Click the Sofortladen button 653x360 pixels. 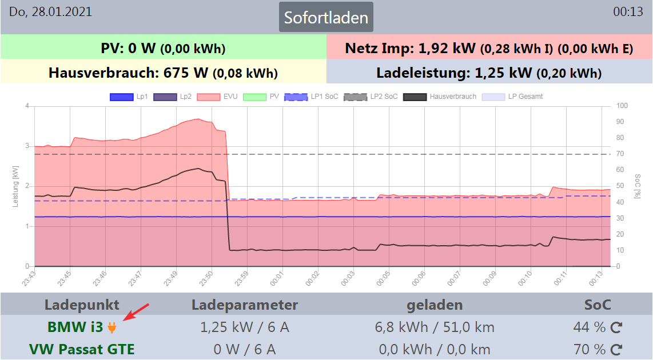pos(326,17)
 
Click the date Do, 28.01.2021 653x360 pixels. pos(50,12)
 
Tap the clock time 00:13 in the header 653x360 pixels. pos(628,12)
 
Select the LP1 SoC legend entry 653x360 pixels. pos(310,97)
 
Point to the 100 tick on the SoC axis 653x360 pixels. pos(622,106)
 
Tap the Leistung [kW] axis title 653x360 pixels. pos(15,186)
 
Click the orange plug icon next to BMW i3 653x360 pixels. pos(112,328)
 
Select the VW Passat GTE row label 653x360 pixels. pos(82,349)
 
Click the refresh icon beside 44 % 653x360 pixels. pos(616,328)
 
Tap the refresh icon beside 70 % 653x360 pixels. pos(616,349)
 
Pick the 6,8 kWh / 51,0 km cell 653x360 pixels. pos(435,327)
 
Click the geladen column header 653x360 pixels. pos(435,305)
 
